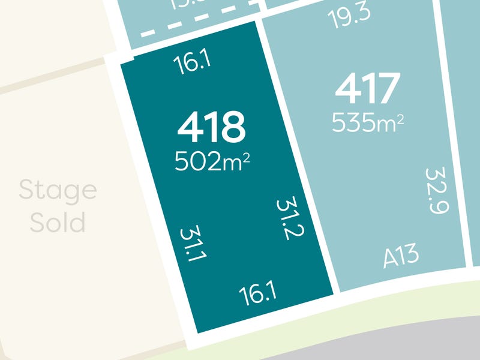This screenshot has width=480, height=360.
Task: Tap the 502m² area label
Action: point(211,161)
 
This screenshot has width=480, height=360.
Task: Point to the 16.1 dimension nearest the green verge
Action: point(257,294)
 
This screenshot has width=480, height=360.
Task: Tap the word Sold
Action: point(58,223)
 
